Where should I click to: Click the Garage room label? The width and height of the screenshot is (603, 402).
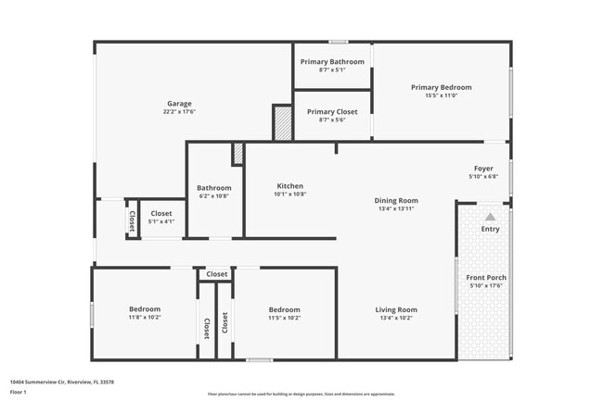[179, 103]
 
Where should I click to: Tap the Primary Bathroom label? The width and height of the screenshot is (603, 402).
[332, 61]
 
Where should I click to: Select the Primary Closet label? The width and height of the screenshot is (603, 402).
[332, 111]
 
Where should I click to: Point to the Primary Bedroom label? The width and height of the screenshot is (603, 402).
[441, 87]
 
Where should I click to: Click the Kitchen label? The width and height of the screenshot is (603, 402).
[289, 186]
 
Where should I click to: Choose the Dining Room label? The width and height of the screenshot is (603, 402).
[396, 200]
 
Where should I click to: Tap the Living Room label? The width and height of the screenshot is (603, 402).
[396, 309]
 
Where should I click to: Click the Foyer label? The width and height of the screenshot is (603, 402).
[483, 168]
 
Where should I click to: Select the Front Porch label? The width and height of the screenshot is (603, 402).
[486, 278]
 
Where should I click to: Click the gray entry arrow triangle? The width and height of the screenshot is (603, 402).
[490, 216]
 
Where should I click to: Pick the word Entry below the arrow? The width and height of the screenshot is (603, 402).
[490, 229]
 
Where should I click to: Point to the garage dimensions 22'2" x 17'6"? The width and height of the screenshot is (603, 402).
[179, 112]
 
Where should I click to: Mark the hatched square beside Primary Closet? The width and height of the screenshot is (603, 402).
[282, 122]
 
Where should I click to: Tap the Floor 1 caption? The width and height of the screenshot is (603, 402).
[19, 392]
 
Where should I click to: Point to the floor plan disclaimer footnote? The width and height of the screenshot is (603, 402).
[301, 394]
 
